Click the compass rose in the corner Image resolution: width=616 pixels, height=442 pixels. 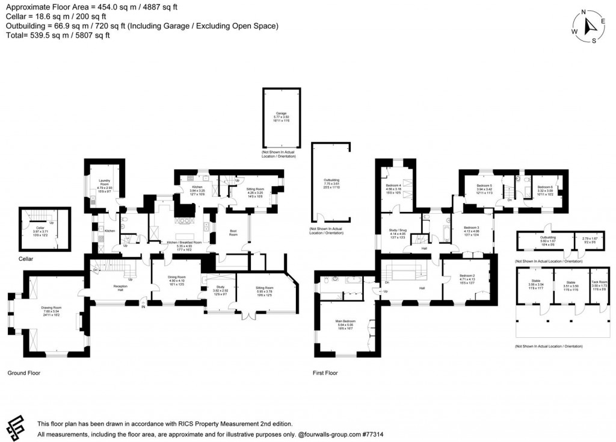tap(587, 27)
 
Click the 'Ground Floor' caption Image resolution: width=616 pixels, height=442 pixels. tap(23, 373)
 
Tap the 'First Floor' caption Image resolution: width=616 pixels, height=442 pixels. tap(325, 373)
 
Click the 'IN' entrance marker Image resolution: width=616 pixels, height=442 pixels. tap(143, 307)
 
